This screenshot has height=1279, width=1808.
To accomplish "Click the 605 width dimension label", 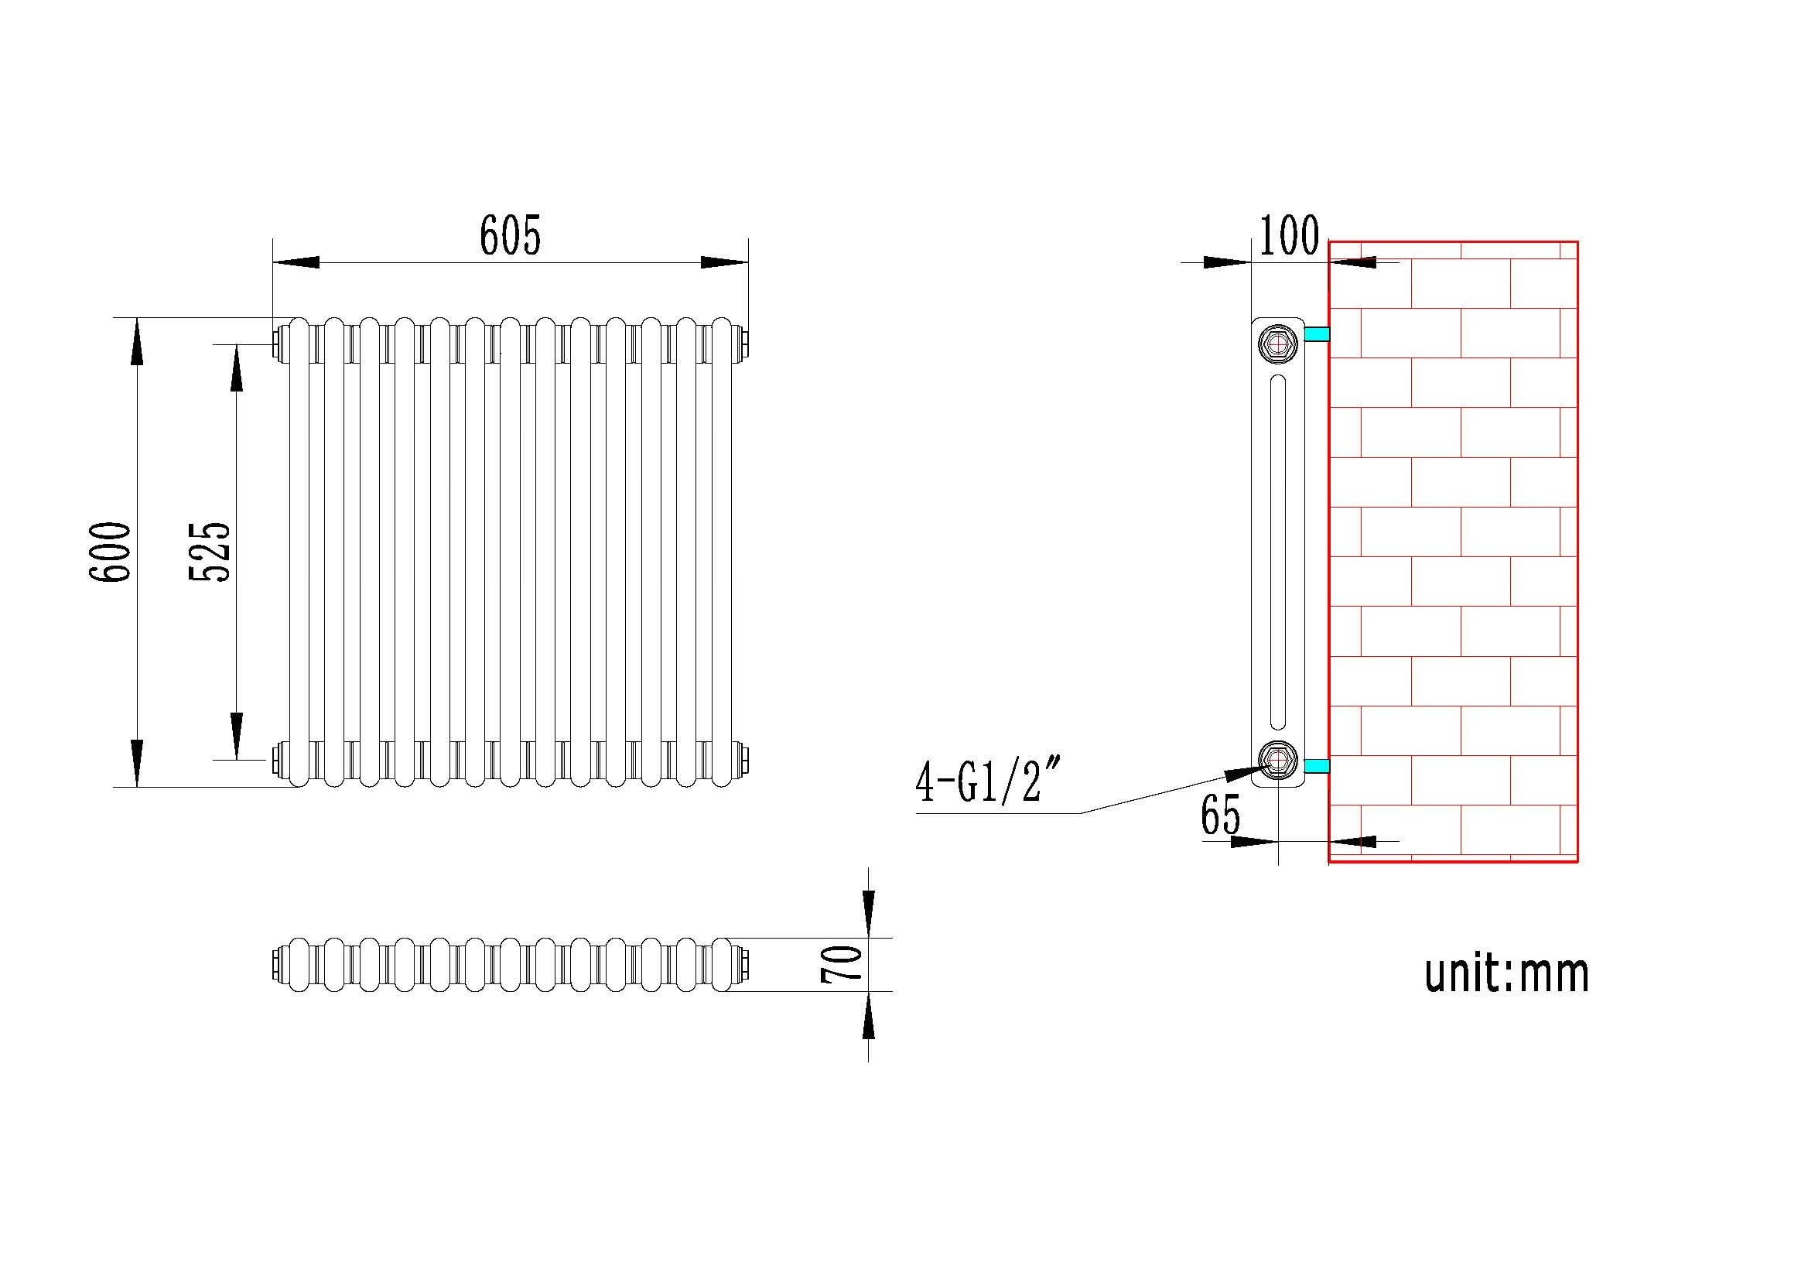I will pos(511,234).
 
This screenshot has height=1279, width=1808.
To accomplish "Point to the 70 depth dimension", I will pos(841,963).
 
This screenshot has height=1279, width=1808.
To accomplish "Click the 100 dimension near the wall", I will pos(1289,235).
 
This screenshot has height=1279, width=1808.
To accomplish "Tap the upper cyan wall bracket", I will pos(1317,334).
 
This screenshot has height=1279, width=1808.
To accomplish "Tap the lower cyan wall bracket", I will pos(1317,765).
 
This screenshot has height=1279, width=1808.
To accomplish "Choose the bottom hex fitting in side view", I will pos(1277,759).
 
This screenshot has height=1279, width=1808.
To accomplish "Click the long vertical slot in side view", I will pos(1277,552).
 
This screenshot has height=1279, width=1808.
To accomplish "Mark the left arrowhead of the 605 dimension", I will pos(296,262).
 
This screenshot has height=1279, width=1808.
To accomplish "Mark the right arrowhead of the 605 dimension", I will pos(724,262).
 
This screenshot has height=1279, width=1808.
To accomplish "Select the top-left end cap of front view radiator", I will pos(277,344).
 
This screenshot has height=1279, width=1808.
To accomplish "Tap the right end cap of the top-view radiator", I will pos(743,964).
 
